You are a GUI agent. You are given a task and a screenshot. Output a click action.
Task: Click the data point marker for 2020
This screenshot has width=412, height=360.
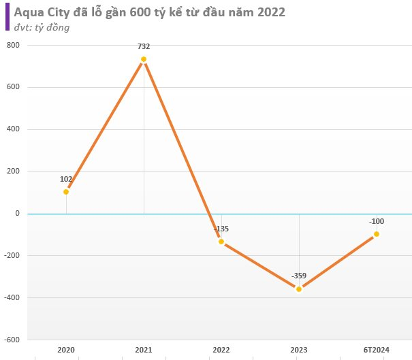(x=66, y=192)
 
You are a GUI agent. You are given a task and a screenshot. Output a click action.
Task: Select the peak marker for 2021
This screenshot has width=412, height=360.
(x=144, y=59)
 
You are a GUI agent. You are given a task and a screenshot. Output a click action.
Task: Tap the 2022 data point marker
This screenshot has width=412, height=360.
(x=221, y=242)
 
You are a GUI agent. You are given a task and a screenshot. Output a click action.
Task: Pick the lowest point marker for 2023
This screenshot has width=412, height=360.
(x=299, y=289)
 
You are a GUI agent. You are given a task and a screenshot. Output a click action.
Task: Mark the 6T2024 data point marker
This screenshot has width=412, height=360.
(x=377, y=234)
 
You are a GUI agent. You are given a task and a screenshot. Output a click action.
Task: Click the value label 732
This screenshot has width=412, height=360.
(x=144, y=46)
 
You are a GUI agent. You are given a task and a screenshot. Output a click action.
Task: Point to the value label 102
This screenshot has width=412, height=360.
(x=66, y=179)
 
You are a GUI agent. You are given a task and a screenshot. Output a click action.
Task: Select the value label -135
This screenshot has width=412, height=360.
(x=221, y=229)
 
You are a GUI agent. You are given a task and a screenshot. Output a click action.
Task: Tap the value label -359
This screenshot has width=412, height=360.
(x=299, y=276)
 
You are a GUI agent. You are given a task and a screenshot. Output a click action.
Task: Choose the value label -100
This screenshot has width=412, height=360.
(x=377, y=221)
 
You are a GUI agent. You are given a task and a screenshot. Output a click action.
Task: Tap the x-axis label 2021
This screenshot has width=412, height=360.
(x=144, y=349)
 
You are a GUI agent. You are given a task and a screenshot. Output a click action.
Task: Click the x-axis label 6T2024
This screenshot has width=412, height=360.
(x=377, y=349)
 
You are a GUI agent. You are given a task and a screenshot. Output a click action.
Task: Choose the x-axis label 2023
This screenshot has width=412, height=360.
(x=299, y=349)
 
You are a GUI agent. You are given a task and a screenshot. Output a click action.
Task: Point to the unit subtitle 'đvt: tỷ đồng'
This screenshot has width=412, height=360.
(x=41, y=27)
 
